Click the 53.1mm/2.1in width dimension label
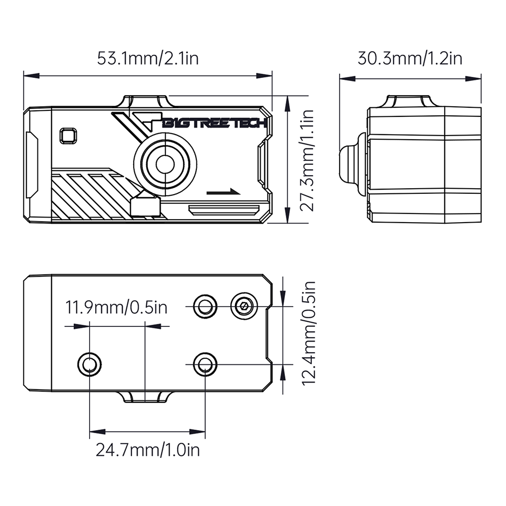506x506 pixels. tap(148, 58)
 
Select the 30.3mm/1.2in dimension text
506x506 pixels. tap(410, 58)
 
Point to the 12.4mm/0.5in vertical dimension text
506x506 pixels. tap(308, 333)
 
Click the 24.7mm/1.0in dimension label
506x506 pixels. tap(148, 449)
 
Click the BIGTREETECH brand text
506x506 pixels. tap(215, 123)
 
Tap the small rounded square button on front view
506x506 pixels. tap(67, 136)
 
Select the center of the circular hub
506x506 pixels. tap(164, 163)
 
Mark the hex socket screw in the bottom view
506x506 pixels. tap(244, 306)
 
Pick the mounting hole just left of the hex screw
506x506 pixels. tap(205, 306)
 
